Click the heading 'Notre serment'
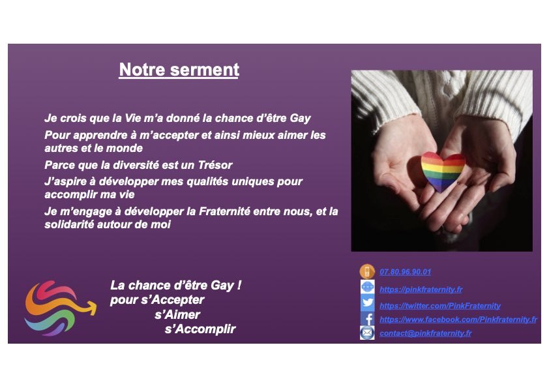point(179,70)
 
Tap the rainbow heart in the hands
point(442,172)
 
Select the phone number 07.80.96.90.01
point(405,272)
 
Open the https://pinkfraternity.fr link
point(421,289)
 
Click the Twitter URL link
point(439,305)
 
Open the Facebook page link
point(458,320)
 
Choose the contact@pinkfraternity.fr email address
point(425,333)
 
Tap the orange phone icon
point(367,271)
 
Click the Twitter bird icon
point(368,303)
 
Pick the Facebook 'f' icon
point(368,319)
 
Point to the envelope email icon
point(368,333)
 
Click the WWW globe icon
point(368,288)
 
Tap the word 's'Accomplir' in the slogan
point(200,329)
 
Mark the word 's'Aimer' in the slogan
point(177,315)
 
